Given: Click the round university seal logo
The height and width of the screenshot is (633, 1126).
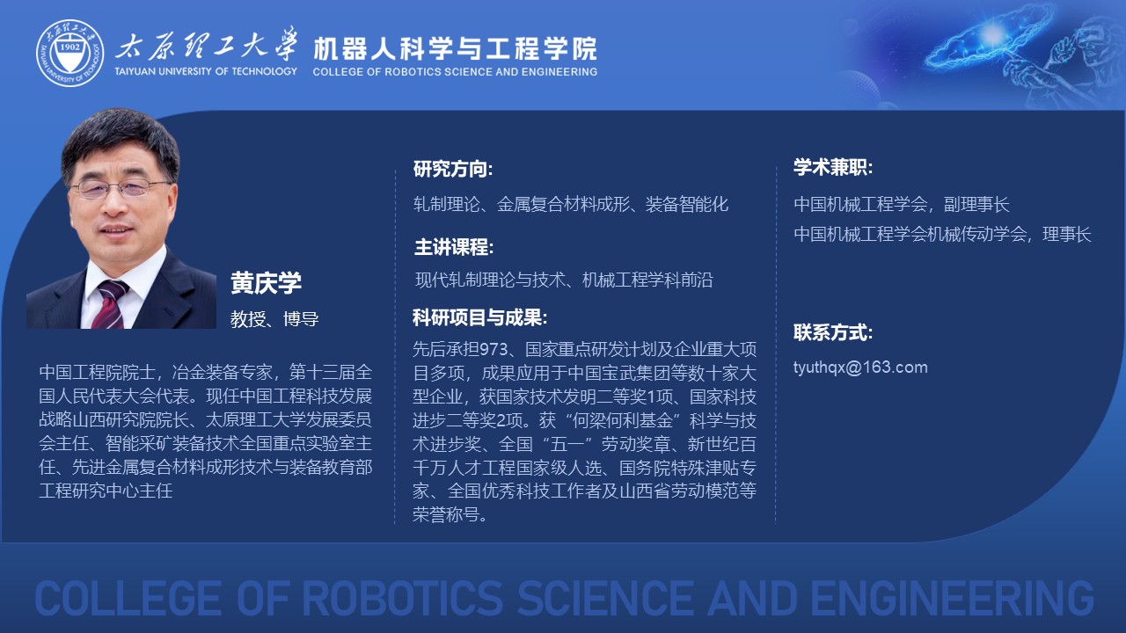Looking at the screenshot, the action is pos(69,54).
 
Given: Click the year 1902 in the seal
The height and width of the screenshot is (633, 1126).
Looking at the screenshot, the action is pos(69,47).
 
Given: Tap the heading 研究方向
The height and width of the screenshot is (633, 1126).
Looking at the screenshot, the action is pos(453,169).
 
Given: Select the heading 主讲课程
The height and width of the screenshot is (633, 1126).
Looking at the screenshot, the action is pos(454,247).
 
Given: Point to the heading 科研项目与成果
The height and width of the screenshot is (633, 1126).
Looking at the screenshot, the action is pos(479,317).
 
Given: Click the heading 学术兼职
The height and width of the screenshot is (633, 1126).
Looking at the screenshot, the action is pos(833,167).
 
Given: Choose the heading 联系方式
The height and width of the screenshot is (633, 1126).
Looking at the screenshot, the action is pos(833,332).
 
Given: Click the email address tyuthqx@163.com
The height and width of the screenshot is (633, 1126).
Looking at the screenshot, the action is pos(860,367).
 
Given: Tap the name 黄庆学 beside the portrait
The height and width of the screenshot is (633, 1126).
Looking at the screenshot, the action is pos(266,283).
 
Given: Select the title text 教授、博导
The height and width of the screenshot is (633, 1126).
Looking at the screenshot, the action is pos(274,319).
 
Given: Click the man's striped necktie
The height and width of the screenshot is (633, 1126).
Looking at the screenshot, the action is pos(110,304).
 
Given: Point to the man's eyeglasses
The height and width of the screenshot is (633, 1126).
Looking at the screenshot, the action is pos(121,187).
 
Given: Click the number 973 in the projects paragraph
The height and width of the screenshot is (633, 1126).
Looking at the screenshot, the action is pos(494,349).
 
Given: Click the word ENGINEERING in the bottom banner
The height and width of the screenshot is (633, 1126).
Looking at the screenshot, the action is pos(952,599).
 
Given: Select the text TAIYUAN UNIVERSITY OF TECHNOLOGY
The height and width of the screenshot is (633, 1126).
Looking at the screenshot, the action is pos(206,71).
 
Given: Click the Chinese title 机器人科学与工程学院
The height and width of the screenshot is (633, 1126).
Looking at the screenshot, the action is pos(455,48).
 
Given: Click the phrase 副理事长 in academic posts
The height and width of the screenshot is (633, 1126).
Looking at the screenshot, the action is pos(976,205).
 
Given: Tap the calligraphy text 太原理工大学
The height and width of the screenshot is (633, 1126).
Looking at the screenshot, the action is pos(206,45).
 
